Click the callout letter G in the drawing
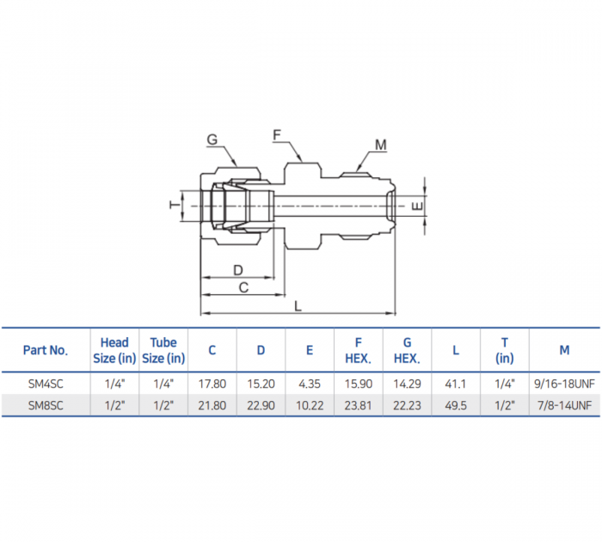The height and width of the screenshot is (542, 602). click(x=212, y=139)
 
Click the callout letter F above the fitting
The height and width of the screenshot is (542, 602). click(x=277, y=135)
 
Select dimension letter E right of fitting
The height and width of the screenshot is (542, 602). click(x=417, y=206)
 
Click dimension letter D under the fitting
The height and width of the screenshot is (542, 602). click(x=237, y=270)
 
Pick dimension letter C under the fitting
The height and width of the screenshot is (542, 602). click(x=243, y=287)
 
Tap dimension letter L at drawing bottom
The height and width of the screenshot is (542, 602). click(x=298, y=305)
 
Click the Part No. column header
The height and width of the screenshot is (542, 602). click(x=46, y=350)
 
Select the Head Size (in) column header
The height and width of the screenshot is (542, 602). click(x=114, y=350)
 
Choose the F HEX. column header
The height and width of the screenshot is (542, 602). click(x=358, y=350)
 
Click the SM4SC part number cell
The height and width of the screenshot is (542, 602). click(x=46, y=384)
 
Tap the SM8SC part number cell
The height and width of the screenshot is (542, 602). click(x=46, y=404)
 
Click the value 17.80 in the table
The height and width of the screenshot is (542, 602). click(x=212, y=384)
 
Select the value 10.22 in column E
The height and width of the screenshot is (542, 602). click(x=309, y=404)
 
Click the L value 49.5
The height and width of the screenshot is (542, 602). click(x=456, y=404)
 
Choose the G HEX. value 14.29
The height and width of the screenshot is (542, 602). click(x=407, y=384)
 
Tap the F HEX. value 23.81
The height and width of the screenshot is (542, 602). click(x=358, y=404)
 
